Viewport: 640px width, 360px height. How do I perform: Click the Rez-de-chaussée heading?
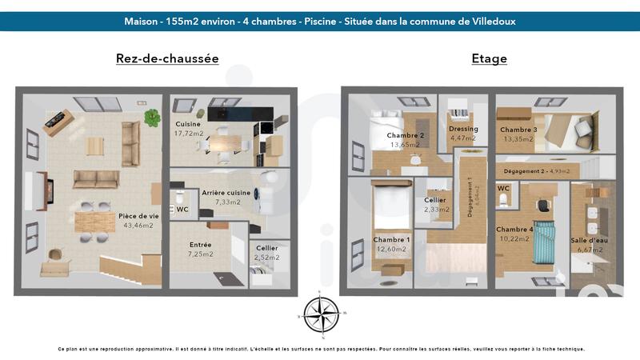[167, 58]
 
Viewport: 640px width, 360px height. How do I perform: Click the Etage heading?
[489, 58]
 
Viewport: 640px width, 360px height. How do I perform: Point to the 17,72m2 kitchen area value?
[189, 134]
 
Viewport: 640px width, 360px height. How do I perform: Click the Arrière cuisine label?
[226, 193]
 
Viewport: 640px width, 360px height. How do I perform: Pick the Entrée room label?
[201, 245]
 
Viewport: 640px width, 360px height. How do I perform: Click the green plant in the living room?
[151, 118]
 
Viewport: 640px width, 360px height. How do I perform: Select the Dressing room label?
[463, 129]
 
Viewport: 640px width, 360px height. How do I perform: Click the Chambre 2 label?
[405, 135]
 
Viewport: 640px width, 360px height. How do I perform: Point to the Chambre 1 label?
[391, 239]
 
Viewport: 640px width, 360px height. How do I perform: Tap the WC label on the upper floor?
[503, 189]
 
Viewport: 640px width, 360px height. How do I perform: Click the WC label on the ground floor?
[182, 210]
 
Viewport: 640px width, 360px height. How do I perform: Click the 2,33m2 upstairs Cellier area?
[437, 210]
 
